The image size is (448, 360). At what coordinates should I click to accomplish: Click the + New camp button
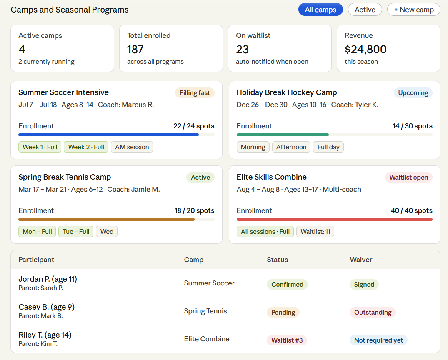click(413, 10)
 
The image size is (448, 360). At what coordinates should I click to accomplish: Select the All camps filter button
click(320, 10)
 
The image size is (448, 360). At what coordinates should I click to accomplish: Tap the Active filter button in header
click(365, 10)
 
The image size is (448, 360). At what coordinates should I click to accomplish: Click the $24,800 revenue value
click(365, 50)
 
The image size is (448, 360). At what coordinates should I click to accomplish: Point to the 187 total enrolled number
click(135, 50)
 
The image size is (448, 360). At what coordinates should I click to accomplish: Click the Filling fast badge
click(195, 93)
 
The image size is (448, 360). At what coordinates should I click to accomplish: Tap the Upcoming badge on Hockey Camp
click(413, 93)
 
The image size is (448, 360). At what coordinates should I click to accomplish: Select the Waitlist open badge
click(408, 177)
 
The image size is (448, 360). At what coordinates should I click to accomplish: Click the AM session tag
click(132, 147)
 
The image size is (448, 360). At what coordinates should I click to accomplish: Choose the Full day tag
click(328, 147)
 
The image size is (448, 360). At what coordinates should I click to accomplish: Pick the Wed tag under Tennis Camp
click(107, 232)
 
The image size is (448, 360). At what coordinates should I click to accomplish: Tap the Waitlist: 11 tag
click(315, 232)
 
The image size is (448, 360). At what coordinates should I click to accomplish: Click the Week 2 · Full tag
click(86, 147)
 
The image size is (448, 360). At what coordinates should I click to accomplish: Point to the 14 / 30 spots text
click(412, 126)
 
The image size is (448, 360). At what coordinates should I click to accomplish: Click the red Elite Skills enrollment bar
click(334, 219)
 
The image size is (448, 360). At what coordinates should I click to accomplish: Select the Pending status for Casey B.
click(283, 312)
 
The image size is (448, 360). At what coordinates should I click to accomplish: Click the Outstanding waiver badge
click(373, 312)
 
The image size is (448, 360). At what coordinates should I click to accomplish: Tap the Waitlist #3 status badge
click(287, 340)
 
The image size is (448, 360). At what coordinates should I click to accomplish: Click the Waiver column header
click(361, 260)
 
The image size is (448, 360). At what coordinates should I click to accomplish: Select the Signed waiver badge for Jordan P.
click(364, 285)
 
